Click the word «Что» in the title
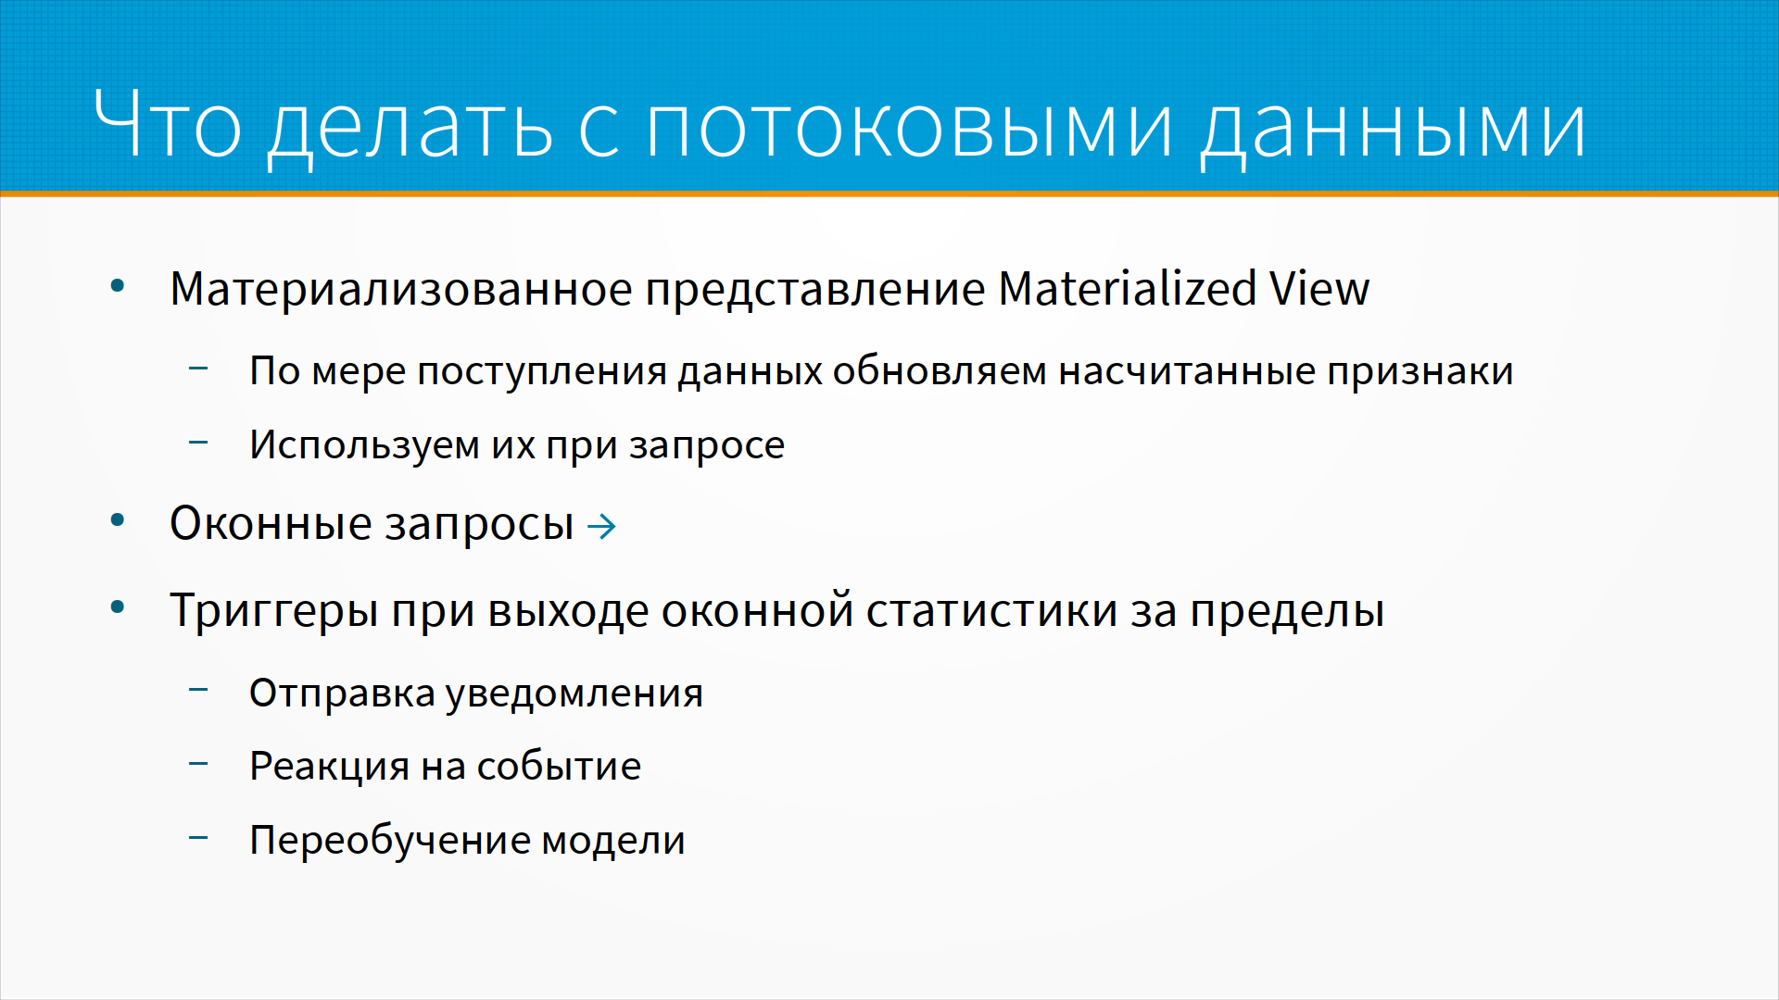168,124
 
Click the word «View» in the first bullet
1319,288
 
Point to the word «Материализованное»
401,289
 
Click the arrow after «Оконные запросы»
602,527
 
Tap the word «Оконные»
271,524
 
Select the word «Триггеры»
274,611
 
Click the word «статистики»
992,611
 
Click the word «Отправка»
342,694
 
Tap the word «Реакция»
330,767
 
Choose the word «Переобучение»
389,841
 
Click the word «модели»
613,841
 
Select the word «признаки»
1419,371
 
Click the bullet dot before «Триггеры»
118,608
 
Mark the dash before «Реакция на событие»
198,764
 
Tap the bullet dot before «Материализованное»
118,286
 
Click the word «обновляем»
940,371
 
